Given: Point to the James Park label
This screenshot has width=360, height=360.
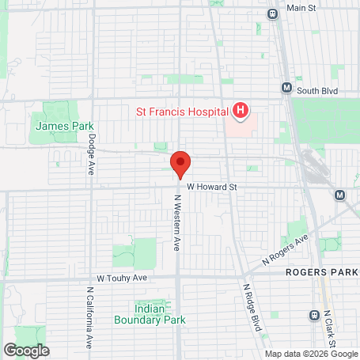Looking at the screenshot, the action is pyautogui.click(x=65, y=126).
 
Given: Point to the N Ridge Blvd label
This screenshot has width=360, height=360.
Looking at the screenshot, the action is pyautogui.click(x=252, y=309).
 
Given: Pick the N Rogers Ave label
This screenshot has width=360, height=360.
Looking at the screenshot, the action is pyautogui.click(x=284, y=249).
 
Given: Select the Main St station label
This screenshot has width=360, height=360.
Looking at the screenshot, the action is pyautogui.click(x=301, y=8).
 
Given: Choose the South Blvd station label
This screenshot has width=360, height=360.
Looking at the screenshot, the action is pyautogui.click(x=320, y=91).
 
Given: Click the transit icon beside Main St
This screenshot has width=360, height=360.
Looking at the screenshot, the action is pyautogui.click(x=273, y=13).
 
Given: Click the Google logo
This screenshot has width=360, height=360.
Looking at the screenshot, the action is pyautogui.click(x=26, y=350).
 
